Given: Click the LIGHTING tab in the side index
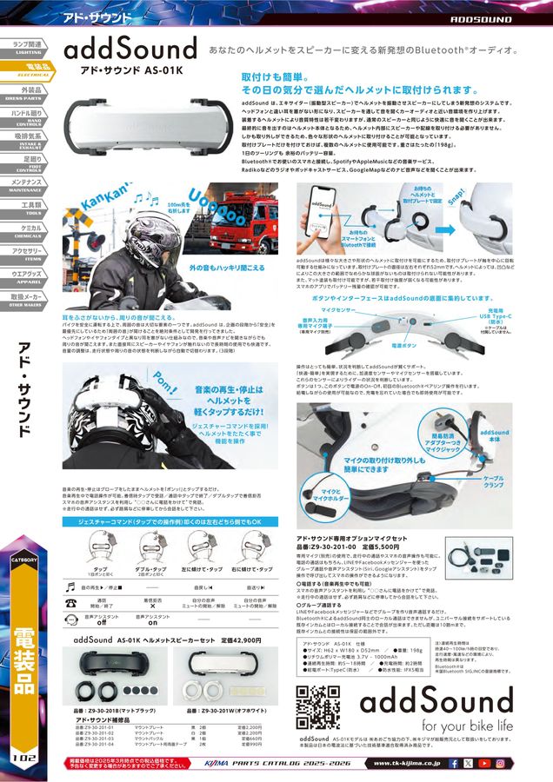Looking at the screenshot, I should point(28,46).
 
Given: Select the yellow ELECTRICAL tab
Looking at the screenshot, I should point(28,68).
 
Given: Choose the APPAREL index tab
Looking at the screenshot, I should point(28,279).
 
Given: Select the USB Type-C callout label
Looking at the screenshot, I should point(509,315).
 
